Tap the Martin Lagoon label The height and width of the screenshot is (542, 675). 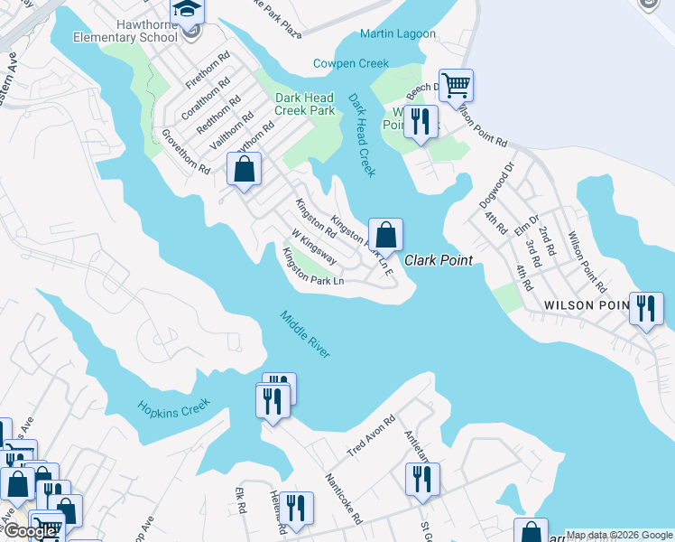tap(397, 34)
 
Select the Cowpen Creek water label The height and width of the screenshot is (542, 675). tap(350, 63)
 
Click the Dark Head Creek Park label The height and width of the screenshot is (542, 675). tap(305, 104)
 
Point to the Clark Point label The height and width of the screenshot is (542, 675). tap(439, 260)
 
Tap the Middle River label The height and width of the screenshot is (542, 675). tap(305, 334)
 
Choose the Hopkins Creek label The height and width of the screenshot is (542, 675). tap(173, 407)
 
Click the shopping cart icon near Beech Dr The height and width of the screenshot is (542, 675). tap(457, 87)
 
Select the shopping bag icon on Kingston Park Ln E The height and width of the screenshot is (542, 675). tap(385, 235)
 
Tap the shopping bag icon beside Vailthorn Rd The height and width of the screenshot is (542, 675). tap(244, 168)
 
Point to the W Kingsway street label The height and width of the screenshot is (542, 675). tap(309, 246)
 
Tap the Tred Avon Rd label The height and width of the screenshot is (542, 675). tap(372, 436)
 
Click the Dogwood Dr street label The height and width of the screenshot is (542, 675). tap(503, 182)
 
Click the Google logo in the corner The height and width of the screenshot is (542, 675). tap(30, 531)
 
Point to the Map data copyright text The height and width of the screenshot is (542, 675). tap(619, 535)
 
